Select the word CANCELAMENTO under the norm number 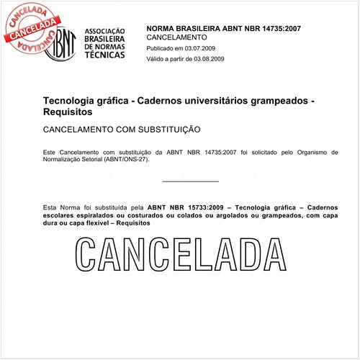pyautogui.click(x=176, y=37)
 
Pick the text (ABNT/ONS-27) pyautogui.click(x=113, y=162)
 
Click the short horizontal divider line pyautogui.click(x=190, y=181)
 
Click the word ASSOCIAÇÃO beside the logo pyautogui.click(x=105, y=31)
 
